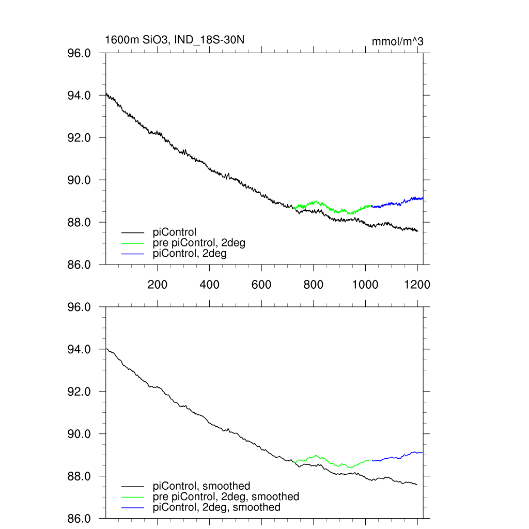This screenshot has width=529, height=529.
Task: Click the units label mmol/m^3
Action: [397, 41]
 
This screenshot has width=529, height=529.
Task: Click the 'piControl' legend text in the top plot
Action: [175, 232]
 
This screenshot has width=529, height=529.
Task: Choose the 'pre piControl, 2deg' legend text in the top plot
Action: [199, 243]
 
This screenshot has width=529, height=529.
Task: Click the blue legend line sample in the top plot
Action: [133, 254]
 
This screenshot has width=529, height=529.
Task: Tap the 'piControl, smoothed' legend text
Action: [202, 486]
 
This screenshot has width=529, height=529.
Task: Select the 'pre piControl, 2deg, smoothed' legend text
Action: [226, 496]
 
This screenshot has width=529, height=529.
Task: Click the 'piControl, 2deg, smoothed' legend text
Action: [217, 507]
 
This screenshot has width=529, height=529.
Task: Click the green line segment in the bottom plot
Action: [331, 462]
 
